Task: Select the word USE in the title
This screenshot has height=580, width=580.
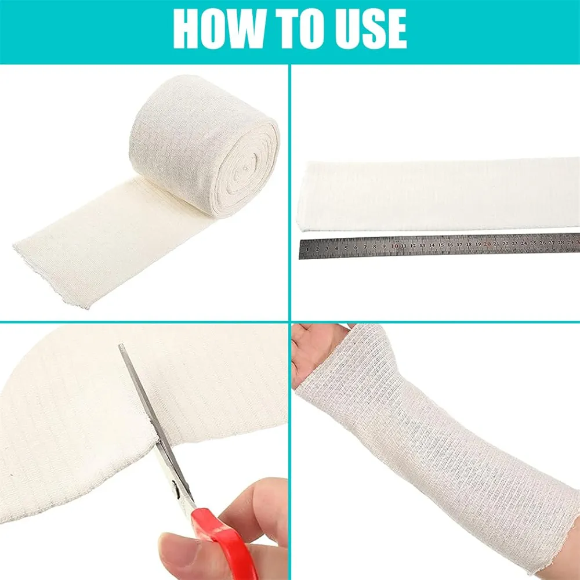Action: pos(371,29)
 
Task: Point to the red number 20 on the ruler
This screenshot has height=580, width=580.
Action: pos(487,244)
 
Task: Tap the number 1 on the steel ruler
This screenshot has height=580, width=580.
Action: pos(308,249)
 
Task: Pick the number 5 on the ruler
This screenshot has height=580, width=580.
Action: pos(346,248)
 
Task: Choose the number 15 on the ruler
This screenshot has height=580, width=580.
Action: pos(441,245)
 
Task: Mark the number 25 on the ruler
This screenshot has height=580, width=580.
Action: pos(534,243)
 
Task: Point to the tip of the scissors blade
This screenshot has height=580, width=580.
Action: pos(121,346)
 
